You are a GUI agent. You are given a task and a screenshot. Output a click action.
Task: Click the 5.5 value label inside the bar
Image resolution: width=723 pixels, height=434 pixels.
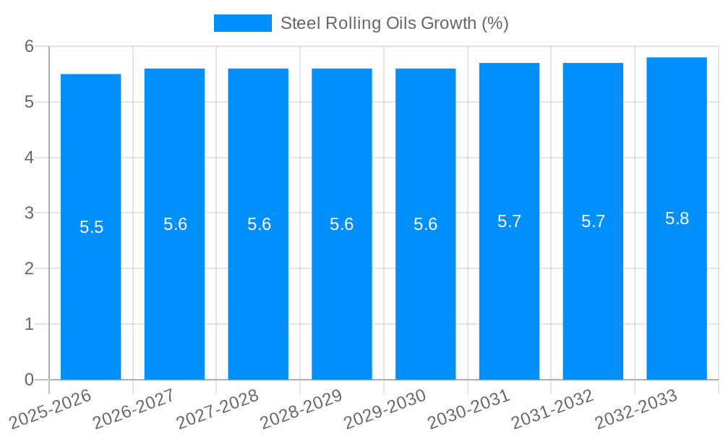[x=91, y=227]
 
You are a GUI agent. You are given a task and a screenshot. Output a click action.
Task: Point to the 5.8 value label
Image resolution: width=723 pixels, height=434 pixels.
[x=677, y=218]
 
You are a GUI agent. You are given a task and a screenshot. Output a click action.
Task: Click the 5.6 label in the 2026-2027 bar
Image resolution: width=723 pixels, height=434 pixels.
[x=175, y=224]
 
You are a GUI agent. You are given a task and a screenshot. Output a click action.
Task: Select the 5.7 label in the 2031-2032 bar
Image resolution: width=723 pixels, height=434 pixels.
[x=593, y=221]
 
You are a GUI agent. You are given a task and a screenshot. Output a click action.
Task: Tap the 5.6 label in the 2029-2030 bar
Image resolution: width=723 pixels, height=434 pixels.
[x=425, y=224]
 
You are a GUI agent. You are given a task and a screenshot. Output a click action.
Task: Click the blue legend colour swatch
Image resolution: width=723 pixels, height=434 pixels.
[x=242, y=23]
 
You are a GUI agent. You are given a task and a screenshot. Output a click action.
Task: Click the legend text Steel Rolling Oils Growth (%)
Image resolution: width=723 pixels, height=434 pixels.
[x=394, y=23]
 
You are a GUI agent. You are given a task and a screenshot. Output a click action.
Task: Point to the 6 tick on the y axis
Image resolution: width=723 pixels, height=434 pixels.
[x=29, y=46]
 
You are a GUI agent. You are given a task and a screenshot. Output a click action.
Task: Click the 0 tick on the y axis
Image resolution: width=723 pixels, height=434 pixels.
[x=29, y=380]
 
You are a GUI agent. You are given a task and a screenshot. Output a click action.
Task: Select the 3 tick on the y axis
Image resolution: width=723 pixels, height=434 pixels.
[x=29, y=213]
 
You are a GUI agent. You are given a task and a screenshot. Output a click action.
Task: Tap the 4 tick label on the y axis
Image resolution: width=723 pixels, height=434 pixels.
[x=29, y=158]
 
